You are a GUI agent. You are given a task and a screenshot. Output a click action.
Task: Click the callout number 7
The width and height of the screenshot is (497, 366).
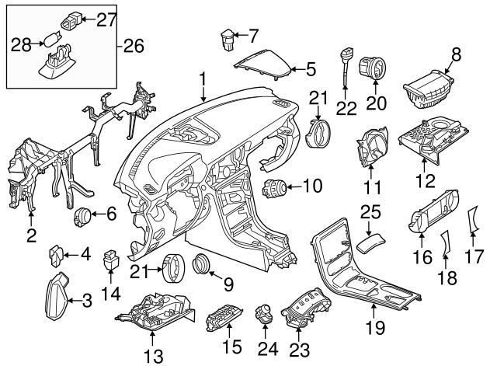[252, 34]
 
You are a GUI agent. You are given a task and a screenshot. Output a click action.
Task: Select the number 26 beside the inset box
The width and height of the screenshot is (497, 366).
[134, 47]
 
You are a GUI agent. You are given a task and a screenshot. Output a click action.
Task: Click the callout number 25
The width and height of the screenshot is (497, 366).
[371, 211]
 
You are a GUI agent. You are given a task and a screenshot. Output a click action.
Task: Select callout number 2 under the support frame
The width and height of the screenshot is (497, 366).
[31, 235]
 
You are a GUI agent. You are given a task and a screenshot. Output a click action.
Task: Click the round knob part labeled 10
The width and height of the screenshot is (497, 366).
[275, 187]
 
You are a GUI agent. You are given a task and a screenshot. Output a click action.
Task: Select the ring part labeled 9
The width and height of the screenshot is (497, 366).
[202, 264]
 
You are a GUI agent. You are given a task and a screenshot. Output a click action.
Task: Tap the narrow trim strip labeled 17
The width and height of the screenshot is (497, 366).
[471, 222]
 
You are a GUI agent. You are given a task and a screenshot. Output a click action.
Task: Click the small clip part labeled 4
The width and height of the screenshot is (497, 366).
[56, 253]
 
